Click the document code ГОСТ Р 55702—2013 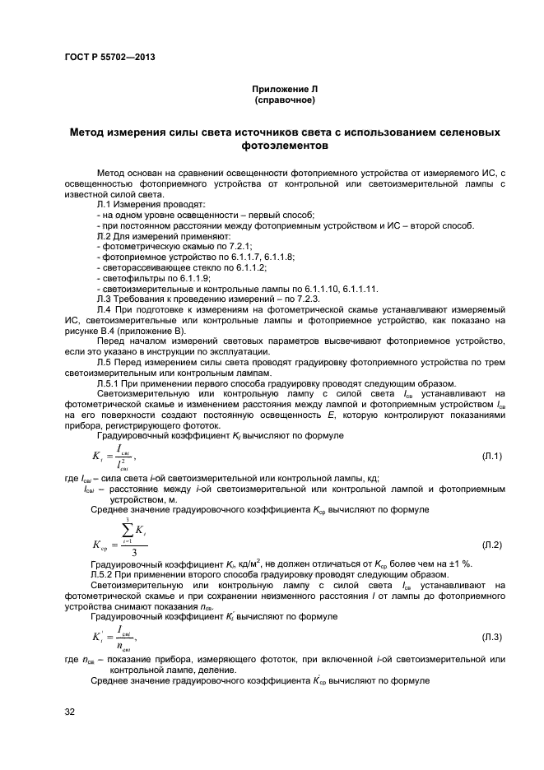pyautogui.click(x=109, y=57)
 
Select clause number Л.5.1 pyautogui.click(x=110, y=383)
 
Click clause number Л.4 pyautogui.click(x=104, y=308)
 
